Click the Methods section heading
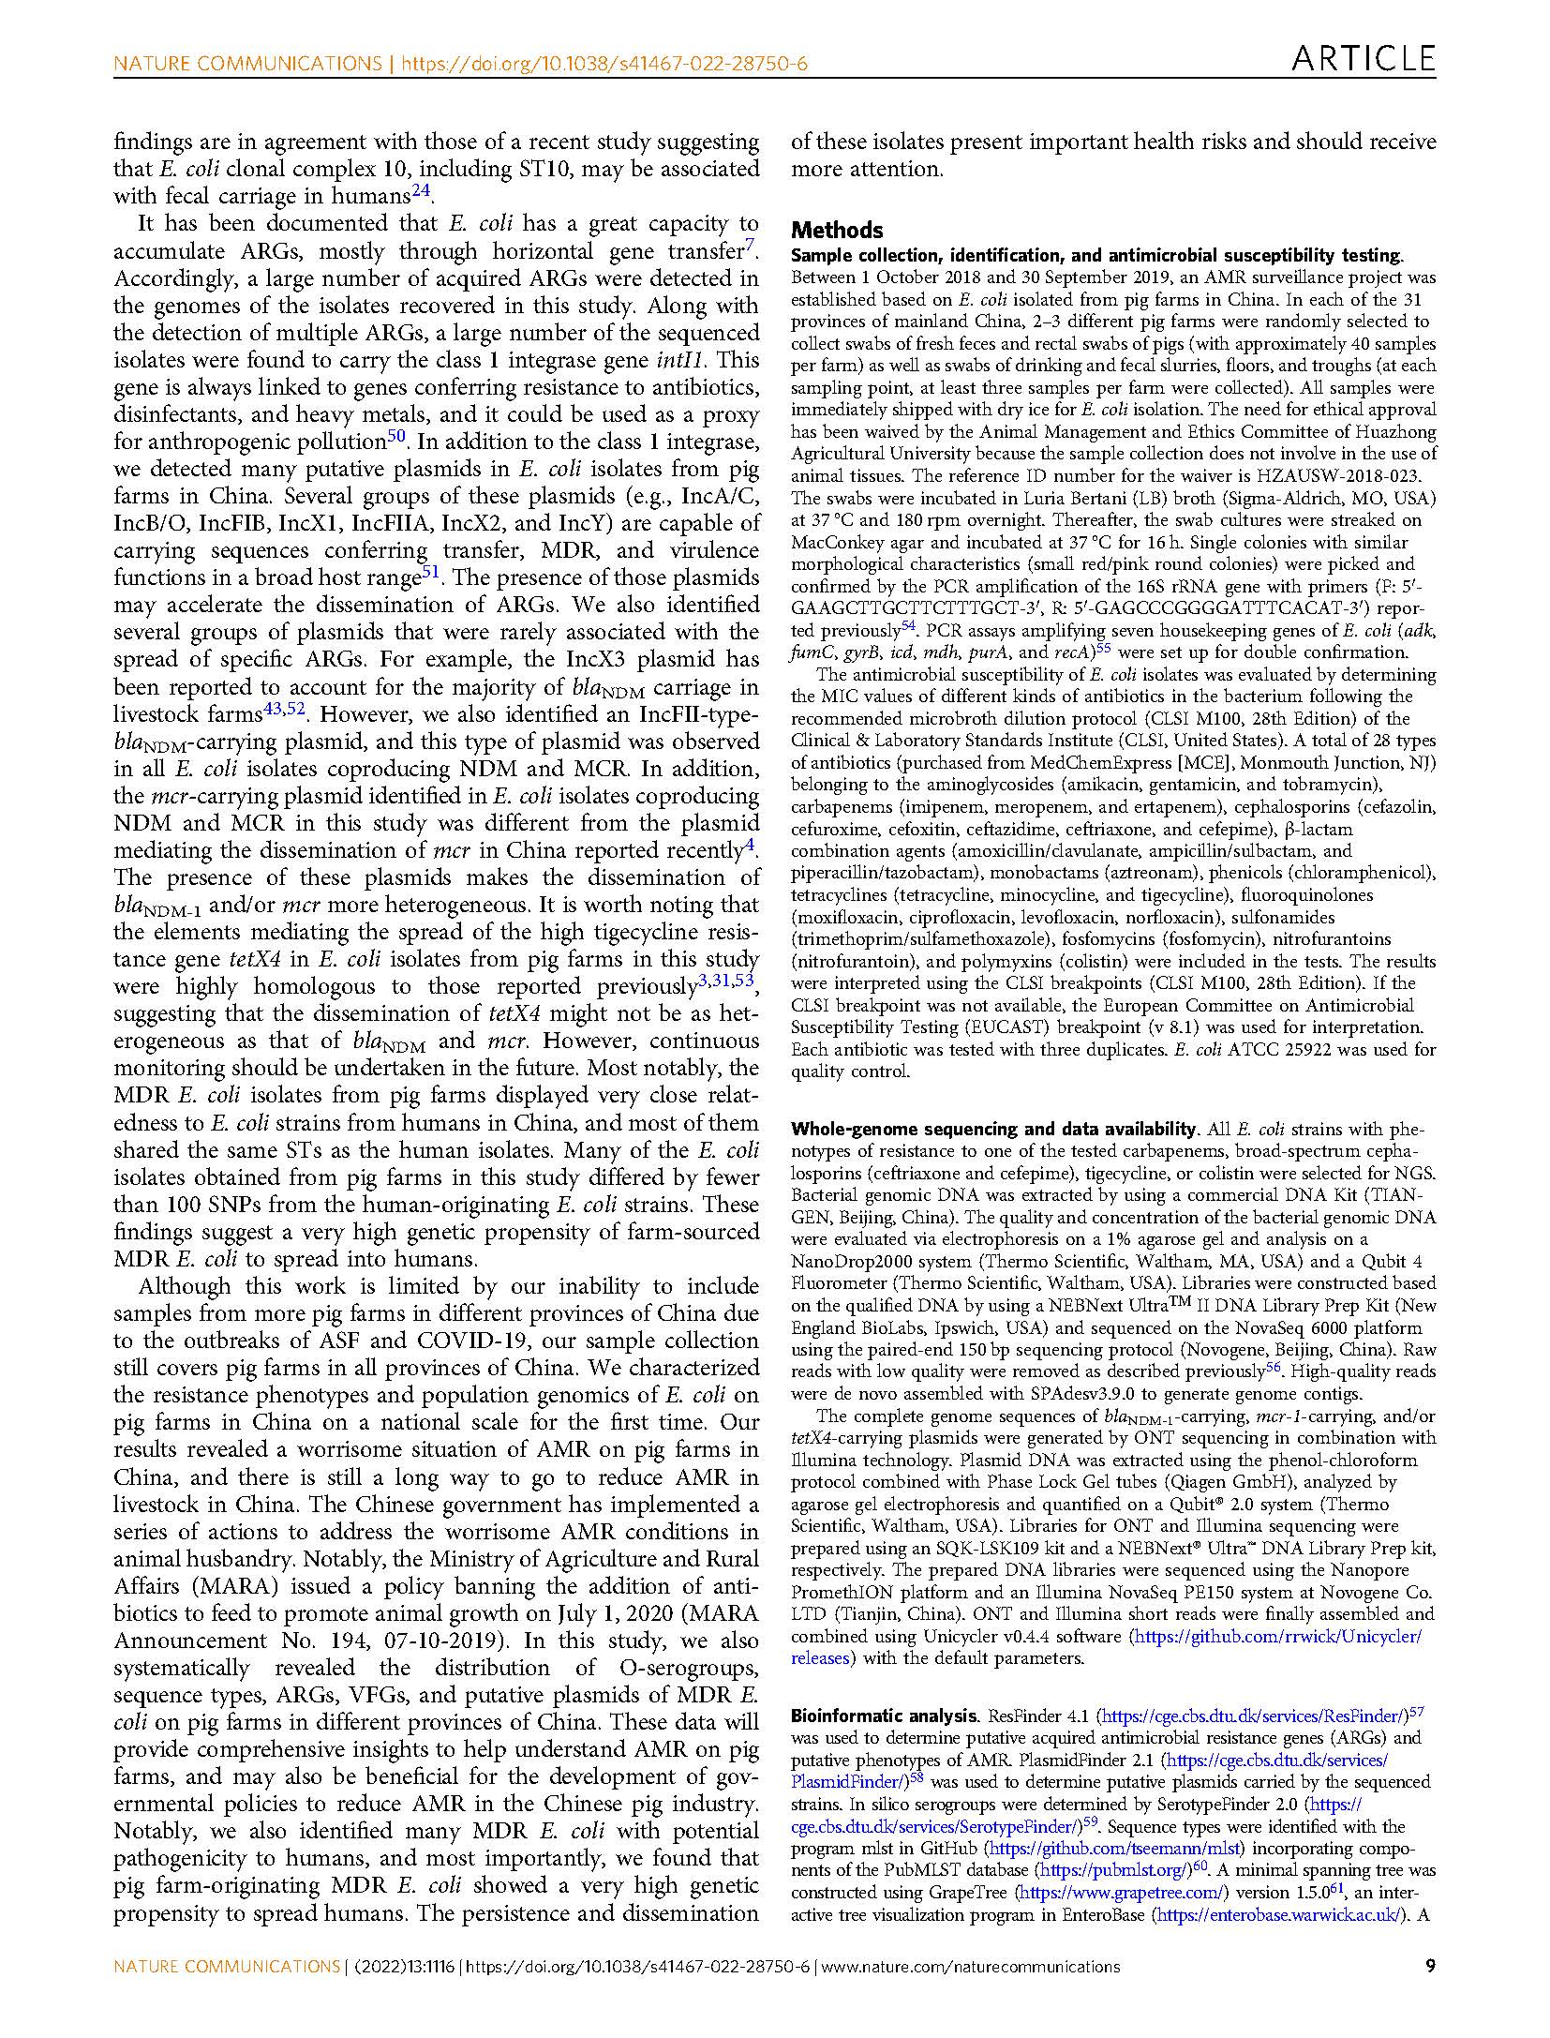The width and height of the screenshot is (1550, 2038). (x=837, y=230)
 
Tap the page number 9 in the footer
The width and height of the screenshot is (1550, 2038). (x=1429, y=1966)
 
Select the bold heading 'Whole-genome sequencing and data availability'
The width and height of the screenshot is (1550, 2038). (x=993, y=1129)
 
